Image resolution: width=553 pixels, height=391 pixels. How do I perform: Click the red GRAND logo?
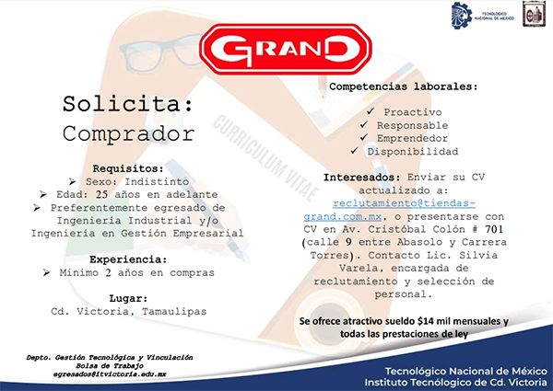click(x=286, y=49)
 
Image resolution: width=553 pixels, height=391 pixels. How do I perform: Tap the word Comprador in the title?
click(x=128, y=134)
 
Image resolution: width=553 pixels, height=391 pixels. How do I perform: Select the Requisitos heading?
click(x=128, y=168)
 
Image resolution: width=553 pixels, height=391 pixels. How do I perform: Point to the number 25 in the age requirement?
click(x=101, y=194)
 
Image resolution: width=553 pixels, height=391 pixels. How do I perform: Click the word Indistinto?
click(x=157, y=181)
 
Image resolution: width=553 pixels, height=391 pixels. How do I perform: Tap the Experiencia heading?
click(x=128, y=259)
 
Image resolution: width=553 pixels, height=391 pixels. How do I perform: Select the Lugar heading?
click(x=128, y=298)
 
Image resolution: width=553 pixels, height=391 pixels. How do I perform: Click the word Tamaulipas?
click(x=174, y=312)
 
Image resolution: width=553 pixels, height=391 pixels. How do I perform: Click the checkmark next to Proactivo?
click(x=370, y=111)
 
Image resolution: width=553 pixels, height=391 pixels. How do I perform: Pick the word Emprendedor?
click(x=412, y=138)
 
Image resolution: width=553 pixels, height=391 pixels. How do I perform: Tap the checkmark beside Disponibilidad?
click(x=354, y=151)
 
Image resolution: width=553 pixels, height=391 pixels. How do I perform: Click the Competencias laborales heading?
click(x=404, y=86)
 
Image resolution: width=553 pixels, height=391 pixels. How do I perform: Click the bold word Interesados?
click(x=362, y=178)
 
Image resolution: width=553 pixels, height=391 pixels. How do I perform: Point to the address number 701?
click(x=494, y=229)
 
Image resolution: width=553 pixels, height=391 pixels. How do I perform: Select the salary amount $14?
click(x=425, y=321)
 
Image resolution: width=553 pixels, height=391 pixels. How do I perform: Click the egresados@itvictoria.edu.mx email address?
click(x=110, y=374)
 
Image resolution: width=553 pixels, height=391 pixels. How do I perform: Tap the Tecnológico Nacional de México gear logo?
click(x=462, y=15)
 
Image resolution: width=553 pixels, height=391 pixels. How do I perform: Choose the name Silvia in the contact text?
click(x=478, y=255)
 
